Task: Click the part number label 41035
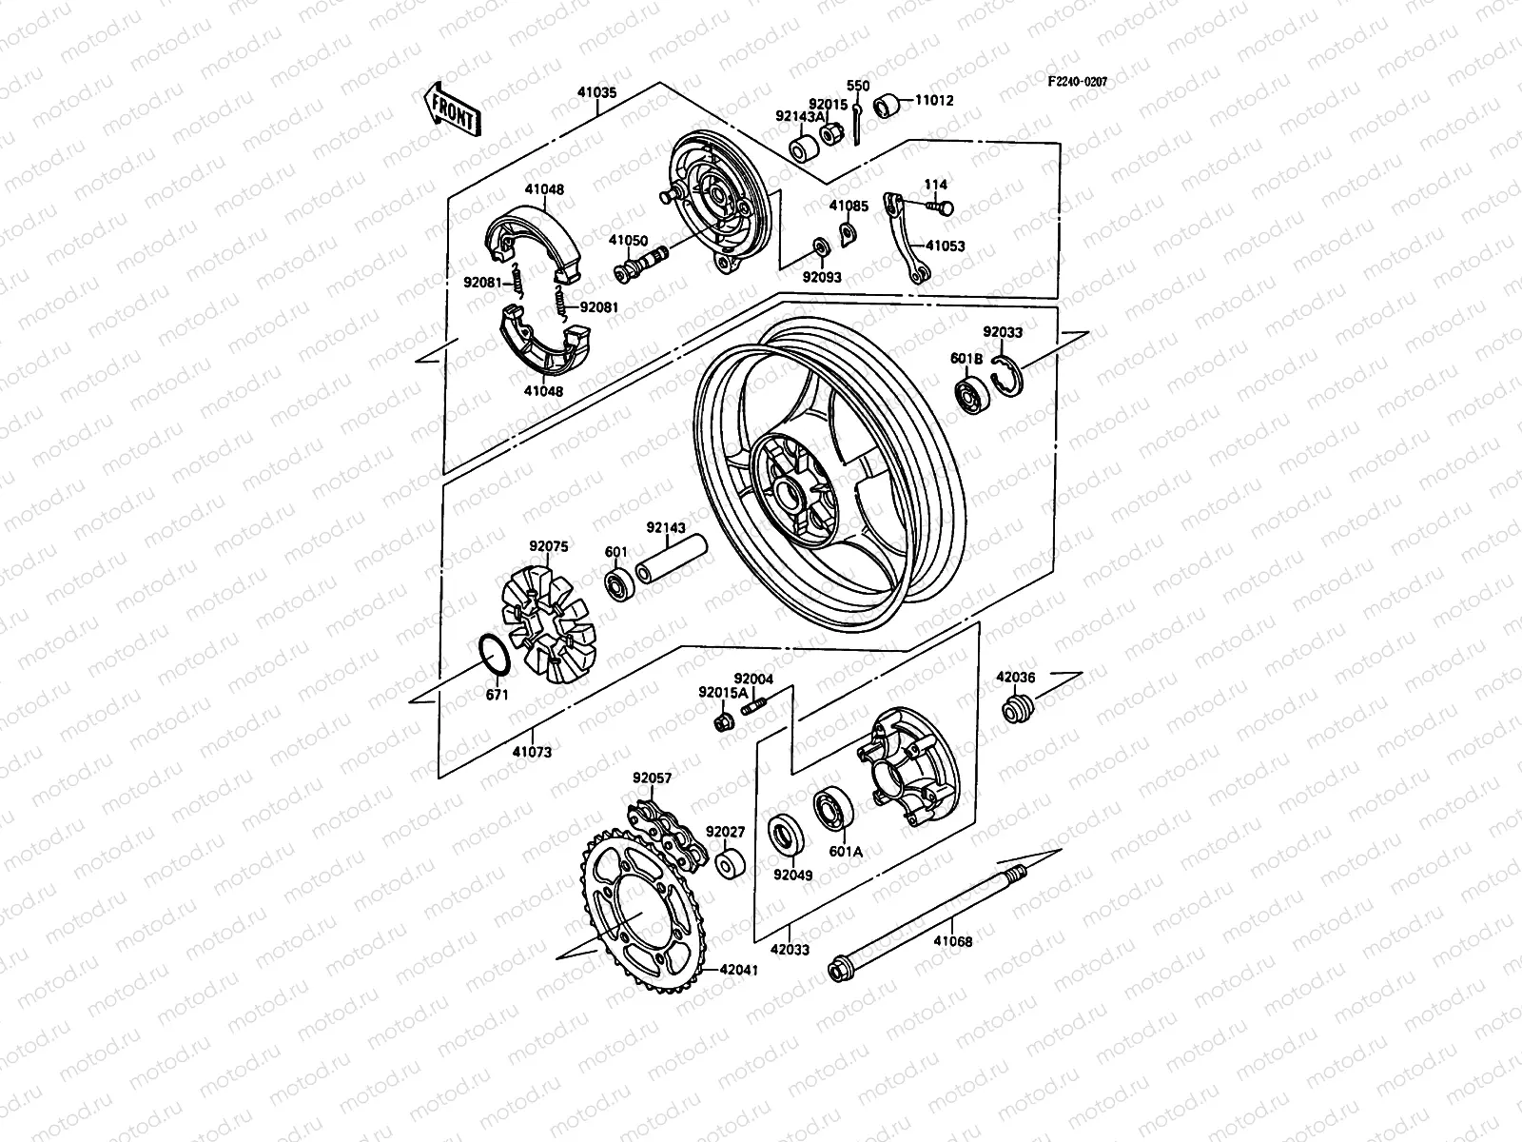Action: click(596, 93)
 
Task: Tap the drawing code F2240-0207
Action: click(1078, 82)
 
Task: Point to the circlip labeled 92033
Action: click(1007, 376)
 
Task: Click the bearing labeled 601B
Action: click(974, 397)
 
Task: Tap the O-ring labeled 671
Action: click(493, 654)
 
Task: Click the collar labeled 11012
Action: click(889, 104)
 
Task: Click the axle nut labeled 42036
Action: click(1016, 709)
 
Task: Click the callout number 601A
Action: click(845, 852)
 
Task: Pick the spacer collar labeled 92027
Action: click(730, 865)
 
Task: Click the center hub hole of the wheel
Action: click(788, 493)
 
